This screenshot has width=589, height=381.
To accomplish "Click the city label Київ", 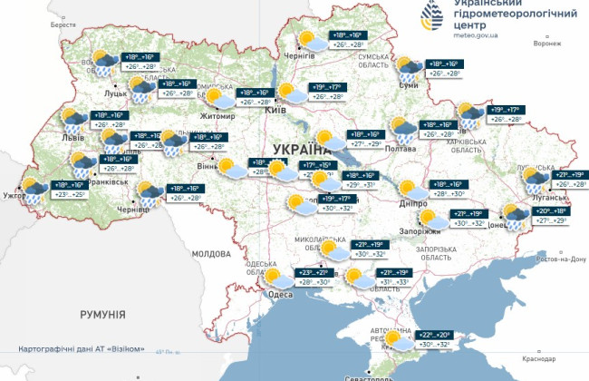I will point(275,111).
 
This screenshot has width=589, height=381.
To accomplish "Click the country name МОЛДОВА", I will point(213,253).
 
